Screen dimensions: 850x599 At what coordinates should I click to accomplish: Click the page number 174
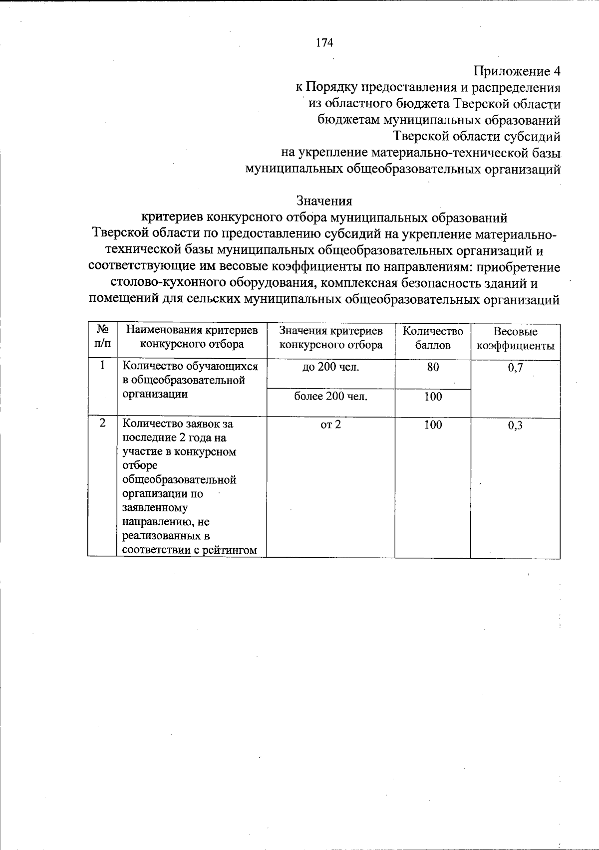coord(324,43)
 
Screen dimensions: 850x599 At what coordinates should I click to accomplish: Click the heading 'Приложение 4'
coord(517,71)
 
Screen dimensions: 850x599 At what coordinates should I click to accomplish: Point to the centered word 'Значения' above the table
coord(324,201)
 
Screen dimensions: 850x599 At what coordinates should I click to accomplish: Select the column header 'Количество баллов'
coord(433,338)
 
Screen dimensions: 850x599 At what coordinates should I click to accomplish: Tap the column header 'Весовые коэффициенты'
coord(515,338)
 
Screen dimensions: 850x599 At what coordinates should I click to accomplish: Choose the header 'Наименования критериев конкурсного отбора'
coord(192,337)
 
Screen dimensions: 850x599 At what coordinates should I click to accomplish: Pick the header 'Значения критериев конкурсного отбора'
coord(331,338)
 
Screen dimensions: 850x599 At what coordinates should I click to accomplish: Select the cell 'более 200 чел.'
coord(330,397)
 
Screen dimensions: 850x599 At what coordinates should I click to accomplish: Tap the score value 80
coord(433,368)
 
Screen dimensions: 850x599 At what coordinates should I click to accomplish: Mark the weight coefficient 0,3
coord(515,425)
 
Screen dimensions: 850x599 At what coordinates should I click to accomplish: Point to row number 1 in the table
coord(102,366)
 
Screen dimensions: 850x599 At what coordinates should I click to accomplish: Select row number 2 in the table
coord(102,424)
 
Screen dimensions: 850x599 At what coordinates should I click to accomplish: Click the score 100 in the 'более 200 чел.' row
coord(433,397)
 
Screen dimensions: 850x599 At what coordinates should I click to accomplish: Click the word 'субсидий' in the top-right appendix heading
coord(535,136)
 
